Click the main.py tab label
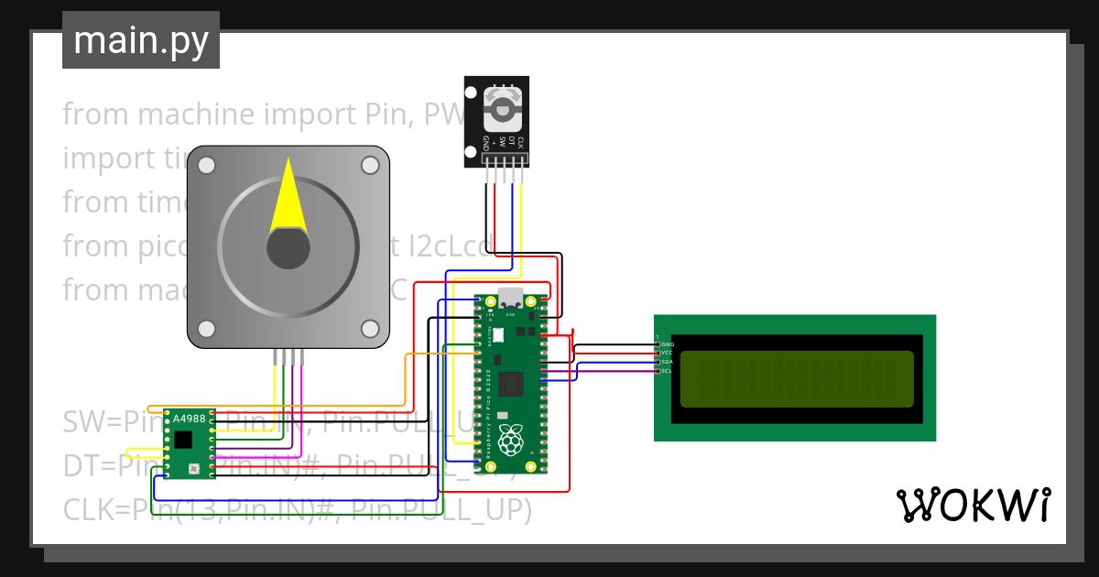click(x=140, y=40)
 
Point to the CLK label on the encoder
click(x=519, y=142)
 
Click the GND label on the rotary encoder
click(x=486, y=143)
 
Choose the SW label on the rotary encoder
click(x=503, y=143)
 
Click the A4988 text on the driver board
click(x=190, y=419)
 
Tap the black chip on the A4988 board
click(x=184, y=440)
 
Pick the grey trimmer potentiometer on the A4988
click(x=193, y=469)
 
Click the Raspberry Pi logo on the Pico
click(x=511, y=441)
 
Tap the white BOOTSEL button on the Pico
click(x=500, y=335)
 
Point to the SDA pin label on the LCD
click(x=667, y=362)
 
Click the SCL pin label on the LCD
click(x=667, y=371)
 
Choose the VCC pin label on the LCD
click(x=667, y=353)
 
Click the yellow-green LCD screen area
click(x=797, y=379)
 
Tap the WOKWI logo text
click(x=973, y=506)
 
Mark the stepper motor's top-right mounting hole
click(x=370, y=165)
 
